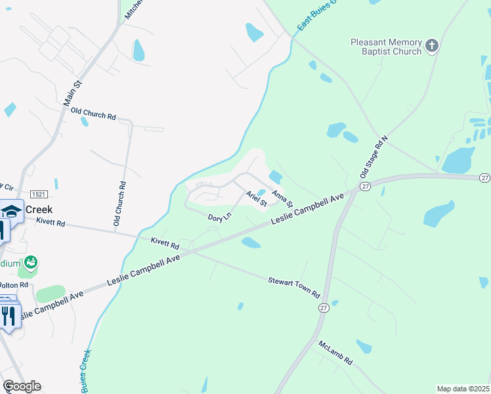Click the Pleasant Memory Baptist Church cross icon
pyautogui.click(x=432, y=45)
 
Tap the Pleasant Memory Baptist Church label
pyautogui.click(x=386, y=47)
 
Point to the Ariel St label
pyautogui.click(x=256, y=198)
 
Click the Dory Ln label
pyautogui.click(x=220, y=216)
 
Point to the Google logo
pyautogui.click(x=21, y=386)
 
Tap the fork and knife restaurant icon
pyautogui.click(x=8, y=317)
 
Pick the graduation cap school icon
pyautogui.click(x=11, y=211)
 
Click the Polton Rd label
pyautogui.click(x=14, y=285)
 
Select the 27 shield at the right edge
pyautogui.click(x=484, y=178)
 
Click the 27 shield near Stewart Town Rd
pyautogui.click(x=323, y=307)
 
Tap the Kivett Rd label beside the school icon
pyautogui.click(x=51, y=223)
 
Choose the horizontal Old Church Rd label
pyautogui.click(x=93, y=114)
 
